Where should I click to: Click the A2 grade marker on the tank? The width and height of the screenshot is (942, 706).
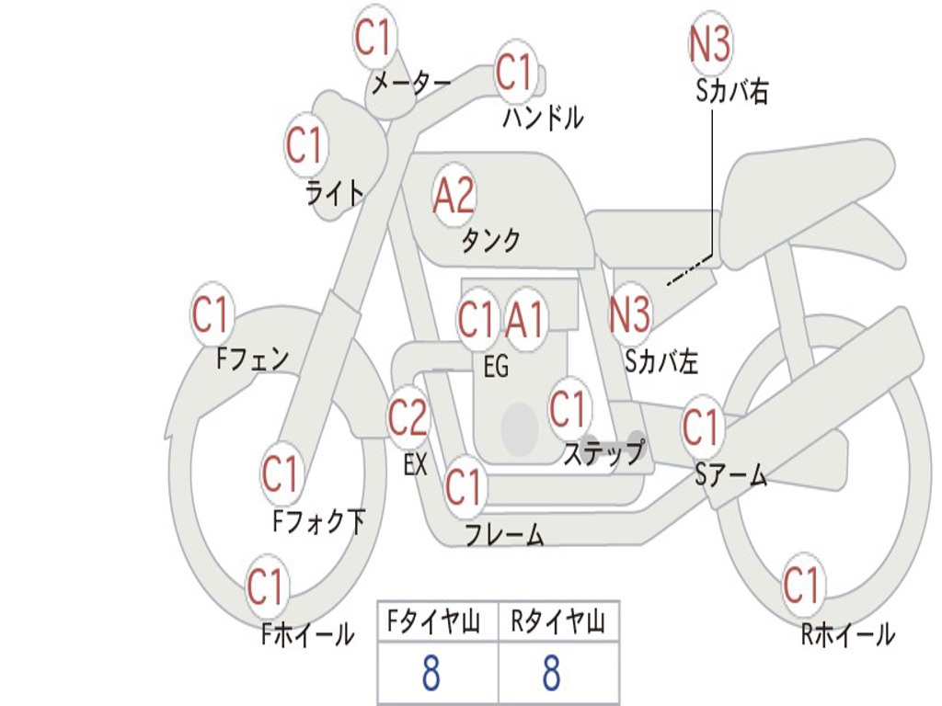[454, 196]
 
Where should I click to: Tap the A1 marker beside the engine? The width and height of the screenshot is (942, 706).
[524, 319]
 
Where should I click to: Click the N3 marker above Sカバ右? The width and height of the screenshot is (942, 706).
[709, 44]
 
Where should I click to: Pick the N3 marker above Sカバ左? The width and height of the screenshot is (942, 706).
[629, 313]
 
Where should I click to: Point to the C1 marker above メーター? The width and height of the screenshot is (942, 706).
[374, 37]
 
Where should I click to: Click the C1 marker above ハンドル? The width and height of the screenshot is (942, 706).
[515, 72]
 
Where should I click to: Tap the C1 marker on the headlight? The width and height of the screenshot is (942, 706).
[306, 144]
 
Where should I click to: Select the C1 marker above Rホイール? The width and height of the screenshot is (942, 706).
[802, 585]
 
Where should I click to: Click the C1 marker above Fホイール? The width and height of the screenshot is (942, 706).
[266, 586]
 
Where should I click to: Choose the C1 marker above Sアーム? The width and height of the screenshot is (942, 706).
[702, 427]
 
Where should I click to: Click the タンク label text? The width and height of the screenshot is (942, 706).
[490, 240]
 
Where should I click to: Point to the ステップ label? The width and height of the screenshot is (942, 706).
[603, 453]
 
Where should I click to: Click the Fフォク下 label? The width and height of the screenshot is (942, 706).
[318, 521]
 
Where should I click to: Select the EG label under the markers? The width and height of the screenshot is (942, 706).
[496, 366]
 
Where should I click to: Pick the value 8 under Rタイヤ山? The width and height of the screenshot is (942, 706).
[552, 673]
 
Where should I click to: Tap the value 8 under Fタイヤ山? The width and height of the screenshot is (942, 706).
[431, 673]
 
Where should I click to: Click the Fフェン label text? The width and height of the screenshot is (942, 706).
[252, 359]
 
